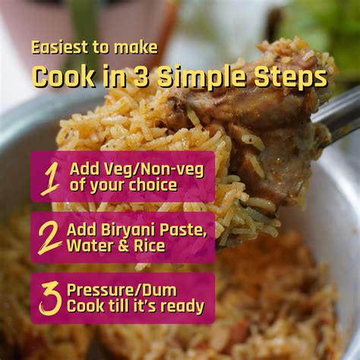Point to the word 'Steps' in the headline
pyautogui.click(x=297, y=77)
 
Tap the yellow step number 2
pyautogui.click(x=50, y=238)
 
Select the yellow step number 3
pyautogui.click(x=50, y=298)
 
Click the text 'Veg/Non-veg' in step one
pyautogui.click(x=152, y=169)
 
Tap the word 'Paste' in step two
pyautogui.click(x=179, y=229)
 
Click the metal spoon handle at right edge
pyautogui.click(x=342, y=114)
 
